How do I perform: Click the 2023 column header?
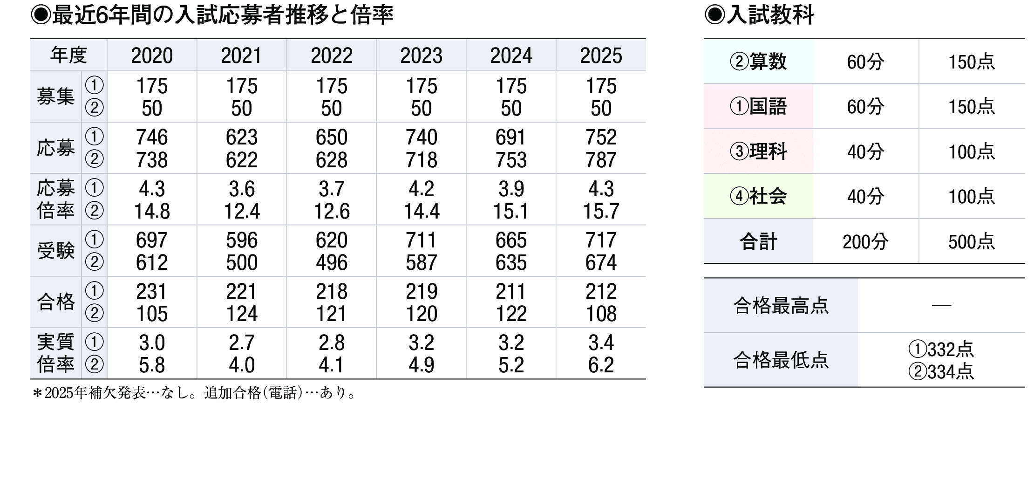point(421,55)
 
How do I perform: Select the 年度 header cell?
point(68,55)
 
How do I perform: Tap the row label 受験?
point(55,251)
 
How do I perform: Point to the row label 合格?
point(55,302)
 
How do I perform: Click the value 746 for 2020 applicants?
point(152,137)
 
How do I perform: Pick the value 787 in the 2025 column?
point(601,160)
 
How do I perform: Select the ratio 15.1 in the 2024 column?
point(511,211)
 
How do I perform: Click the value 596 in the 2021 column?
point(242,240)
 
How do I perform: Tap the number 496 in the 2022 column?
point(332,262)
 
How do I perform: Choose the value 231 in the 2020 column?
point(152,291)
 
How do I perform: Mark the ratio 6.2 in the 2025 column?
point(601,365)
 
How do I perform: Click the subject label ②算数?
point(758,62)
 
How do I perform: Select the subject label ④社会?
point(758,196)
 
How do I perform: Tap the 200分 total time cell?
point(865,241)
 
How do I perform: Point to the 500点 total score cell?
point(972,241)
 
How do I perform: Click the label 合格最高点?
point(781,306)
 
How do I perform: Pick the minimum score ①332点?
point(941,349)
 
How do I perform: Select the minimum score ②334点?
point(941,371)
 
